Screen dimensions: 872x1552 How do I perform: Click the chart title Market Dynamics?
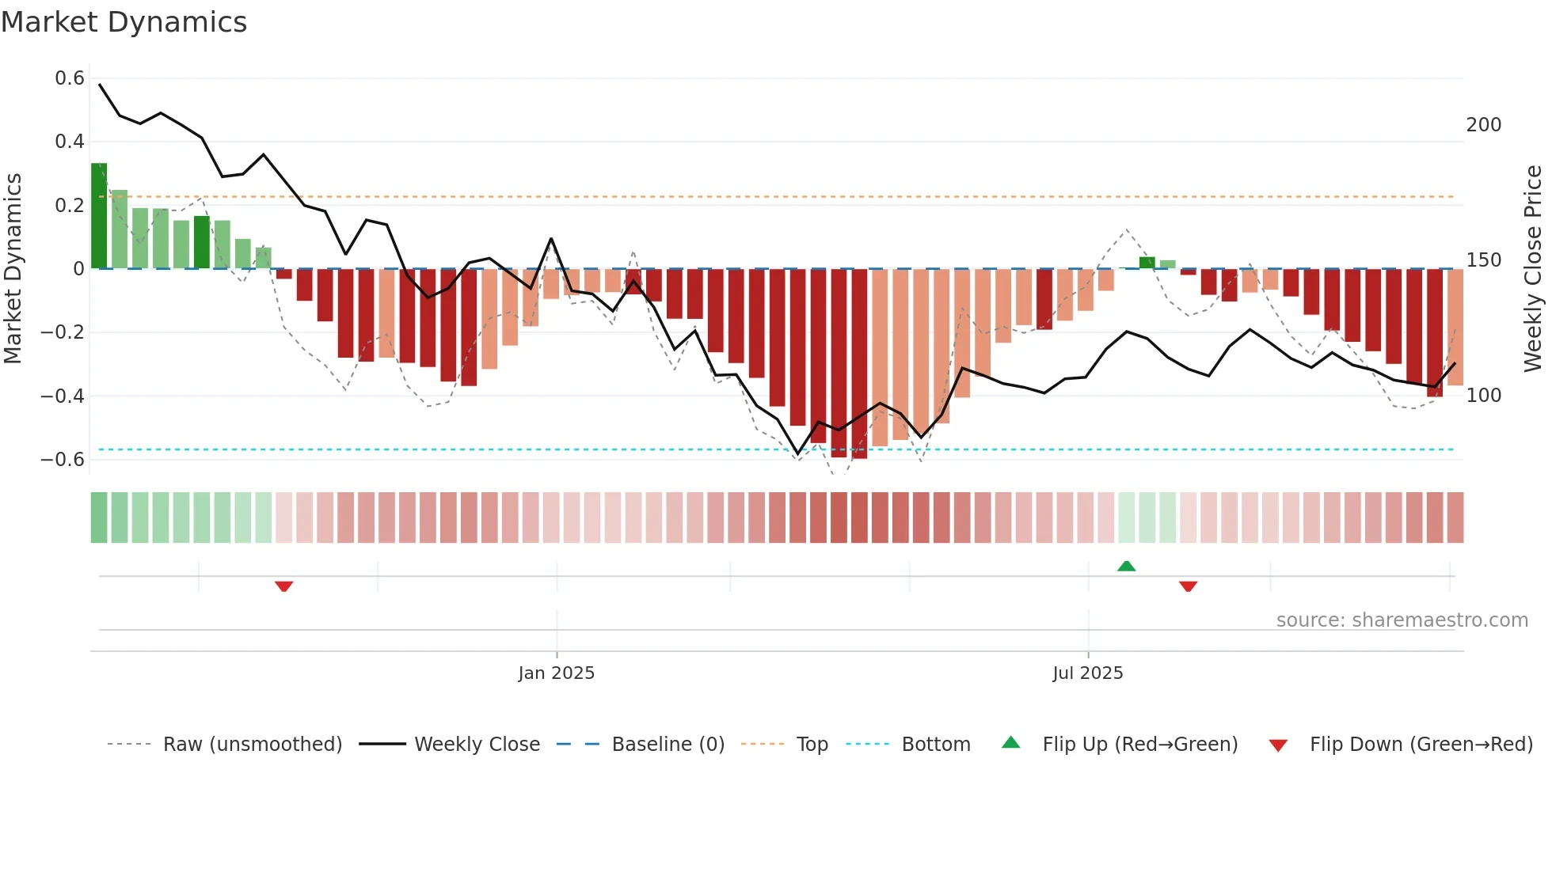(x=124, y=22)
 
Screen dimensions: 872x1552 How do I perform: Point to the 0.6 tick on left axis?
(x=70, y=78)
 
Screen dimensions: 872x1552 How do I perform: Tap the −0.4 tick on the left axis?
(x=63, y=396)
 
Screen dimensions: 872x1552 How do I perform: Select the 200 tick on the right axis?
(x=1484, y=125)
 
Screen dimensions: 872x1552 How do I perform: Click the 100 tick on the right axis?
(x=1484, y=396)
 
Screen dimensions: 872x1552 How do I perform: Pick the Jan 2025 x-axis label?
(x=556, y=673)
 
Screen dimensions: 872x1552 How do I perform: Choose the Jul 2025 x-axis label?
(x=1087, y=673)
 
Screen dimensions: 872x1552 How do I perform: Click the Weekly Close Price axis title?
(x=1533, y=269)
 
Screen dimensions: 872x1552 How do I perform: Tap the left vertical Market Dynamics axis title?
(x=13, y=269)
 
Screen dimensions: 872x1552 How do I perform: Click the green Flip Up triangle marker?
(x=1126, y=566)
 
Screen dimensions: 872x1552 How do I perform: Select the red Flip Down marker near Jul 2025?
(x=1188, y=586)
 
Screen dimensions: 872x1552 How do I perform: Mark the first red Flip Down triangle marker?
(x=283, y=586)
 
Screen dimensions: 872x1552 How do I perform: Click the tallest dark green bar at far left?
(x=99, y=216)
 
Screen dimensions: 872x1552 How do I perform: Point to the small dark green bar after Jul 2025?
(x=1147, y=263)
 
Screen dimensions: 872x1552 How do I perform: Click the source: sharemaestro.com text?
(x=1402, y=620)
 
